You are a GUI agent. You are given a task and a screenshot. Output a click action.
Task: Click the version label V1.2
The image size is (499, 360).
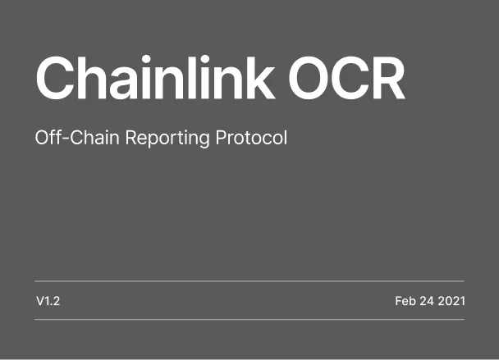[48, 301]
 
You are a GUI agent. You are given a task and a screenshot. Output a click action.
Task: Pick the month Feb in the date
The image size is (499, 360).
[405, 301]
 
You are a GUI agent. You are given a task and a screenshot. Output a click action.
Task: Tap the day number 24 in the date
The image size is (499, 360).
[427, 301]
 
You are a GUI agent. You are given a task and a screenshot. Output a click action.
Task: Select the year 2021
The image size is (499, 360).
[451, 301]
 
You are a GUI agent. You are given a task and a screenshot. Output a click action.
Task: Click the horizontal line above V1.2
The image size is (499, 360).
[249, 280]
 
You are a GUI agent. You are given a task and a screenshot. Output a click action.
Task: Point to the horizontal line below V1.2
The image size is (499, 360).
[249, 319]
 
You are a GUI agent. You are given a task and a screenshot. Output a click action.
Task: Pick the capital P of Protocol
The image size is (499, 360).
[220, 137]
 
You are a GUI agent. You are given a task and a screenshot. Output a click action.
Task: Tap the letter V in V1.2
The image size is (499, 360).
[39, 301]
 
